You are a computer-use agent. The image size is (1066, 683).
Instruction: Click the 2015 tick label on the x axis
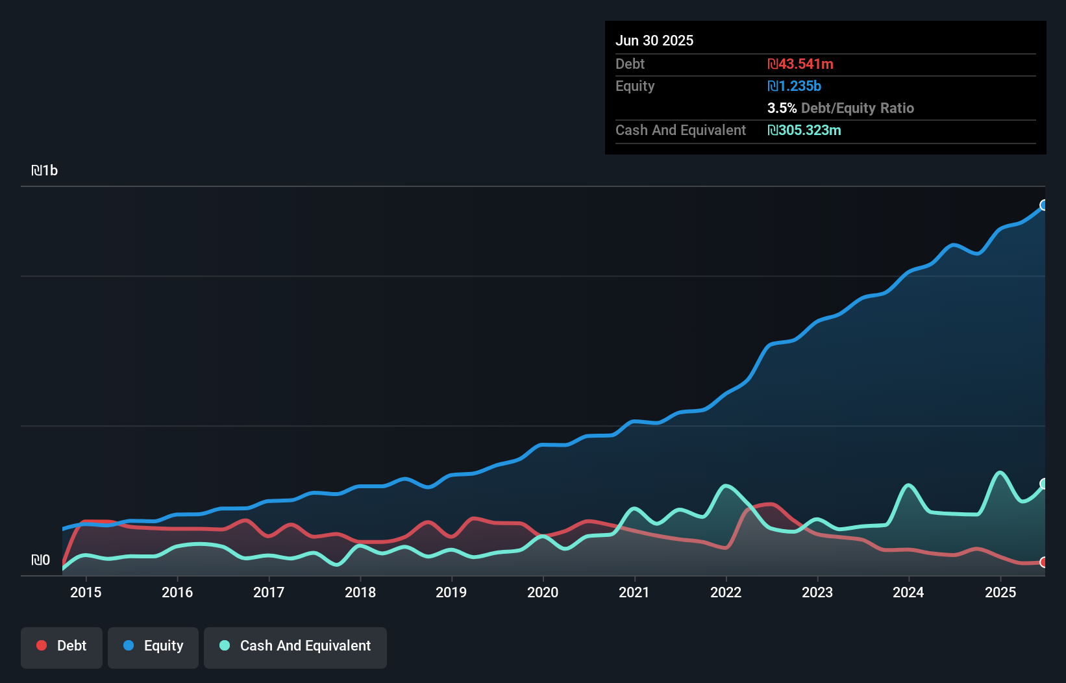point(86,592)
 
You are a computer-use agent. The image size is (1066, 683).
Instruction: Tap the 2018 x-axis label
point(360,592)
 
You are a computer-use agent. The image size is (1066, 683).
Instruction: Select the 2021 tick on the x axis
point(634,592)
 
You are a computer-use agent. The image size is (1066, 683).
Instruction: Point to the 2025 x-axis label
point(1000,592)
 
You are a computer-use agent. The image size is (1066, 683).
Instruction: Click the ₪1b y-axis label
point(45,171)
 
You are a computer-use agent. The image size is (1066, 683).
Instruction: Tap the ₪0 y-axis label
point(41,560)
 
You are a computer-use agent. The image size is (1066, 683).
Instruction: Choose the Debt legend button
point(62,646)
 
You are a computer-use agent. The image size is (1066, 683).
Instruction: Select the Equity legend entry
point(153,646)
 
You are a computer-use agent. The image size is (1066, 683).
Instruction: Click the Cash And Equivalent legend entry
point(295,646)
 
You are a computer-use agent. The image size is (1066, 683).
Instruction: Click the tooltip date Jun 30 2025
point(654,40)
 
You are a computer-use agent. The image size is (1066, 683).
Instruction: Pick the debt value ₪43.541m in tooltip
point(800,64)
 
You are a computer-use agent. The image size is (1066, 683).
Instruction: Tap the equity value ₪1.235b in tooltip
point(795,86)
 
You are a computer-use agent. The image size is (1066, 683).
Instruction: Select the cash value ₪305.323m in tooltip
point(804,130)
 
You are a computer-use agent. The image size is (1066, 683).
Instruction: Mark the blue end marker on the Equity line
point(1044,205)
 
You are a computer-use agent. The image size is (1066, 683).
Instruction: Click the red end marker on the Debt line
point(1044,562)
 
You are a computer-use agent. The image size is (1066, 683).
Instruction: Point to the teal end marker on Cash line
point(1044,484)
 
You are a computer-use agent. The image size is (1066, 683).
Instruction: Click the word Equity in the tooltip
point(635,86)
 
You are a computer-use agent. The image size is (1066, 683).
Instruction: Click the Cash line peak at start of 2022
point(726,486)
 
